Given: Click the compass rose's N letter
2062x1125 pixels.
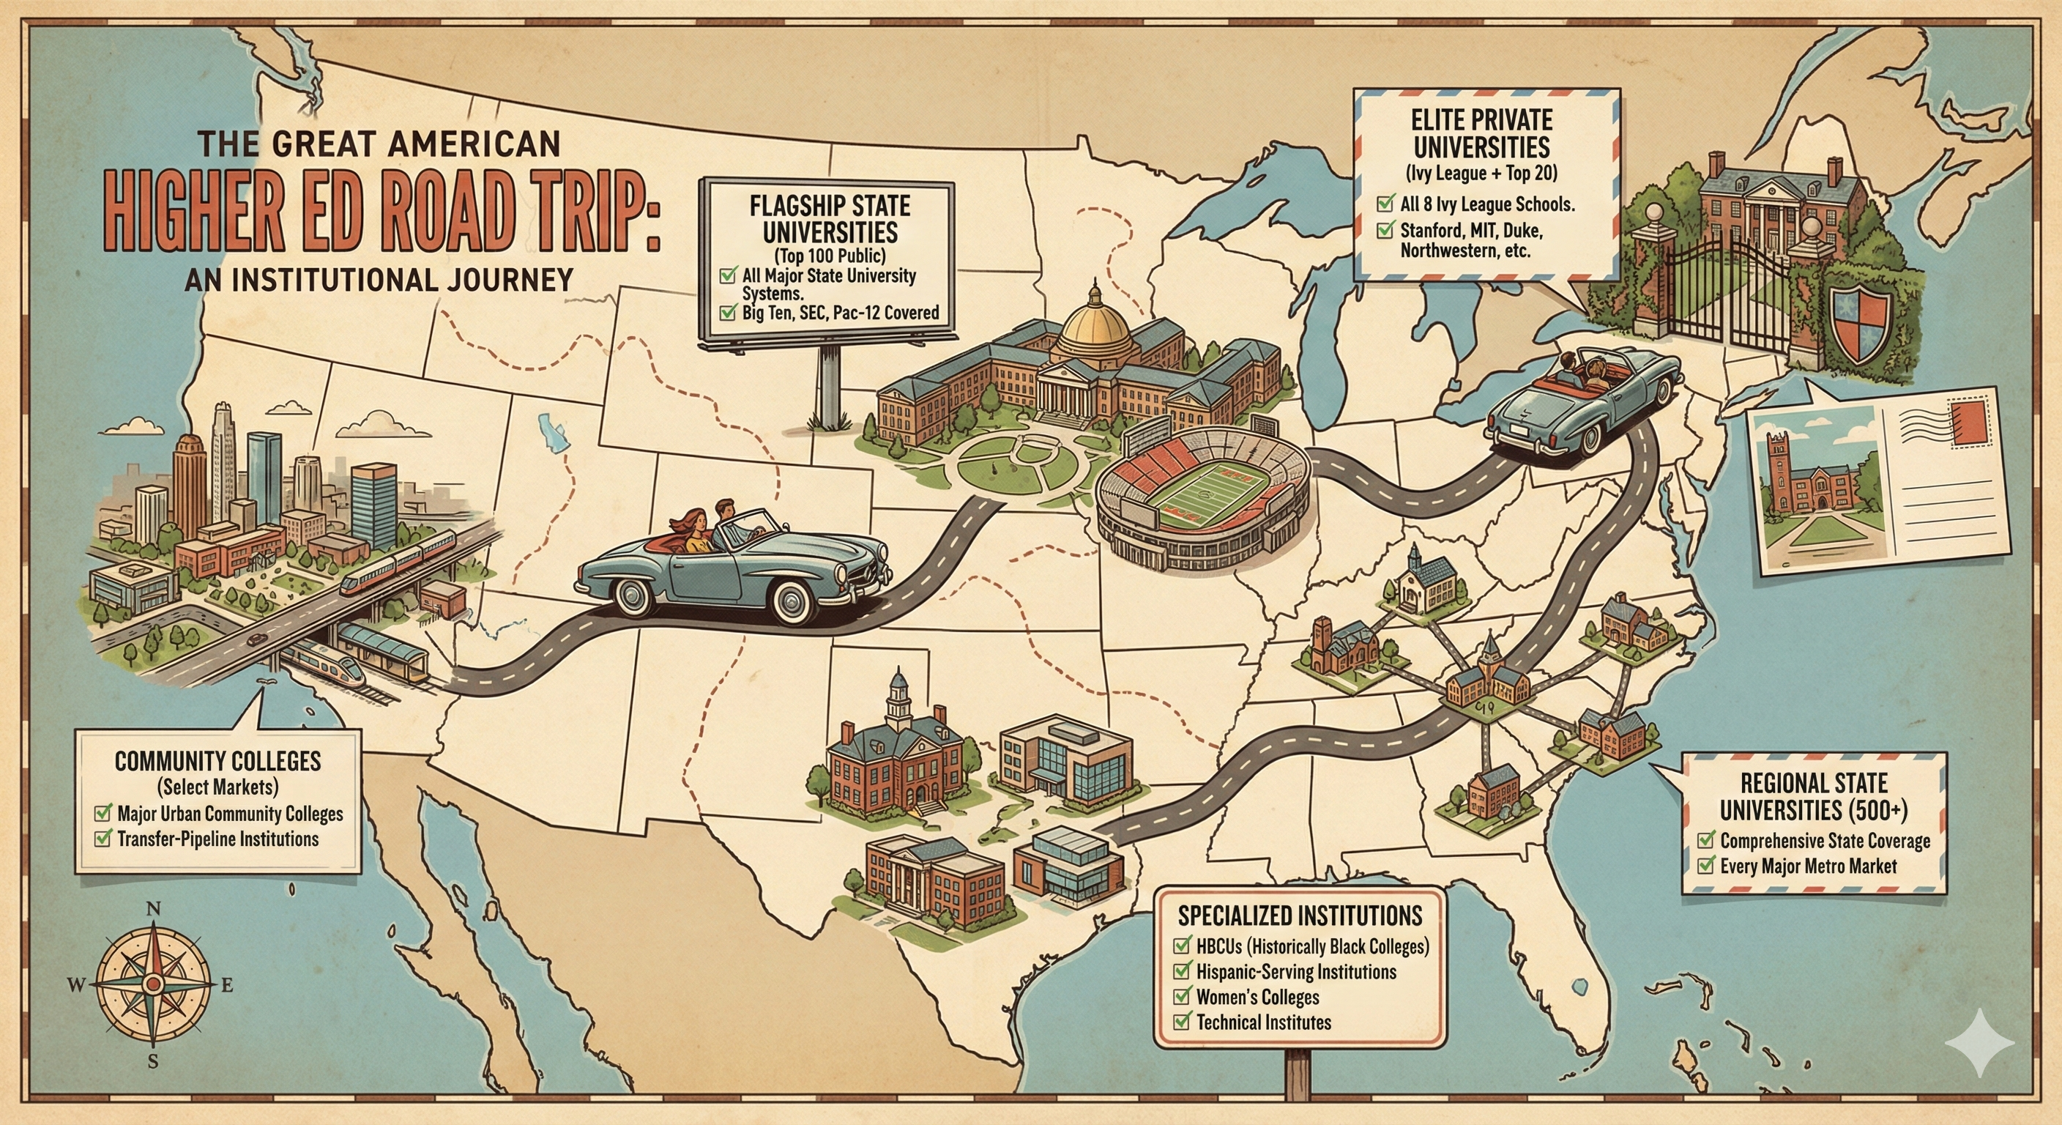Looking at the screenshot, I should (x=155, y=908).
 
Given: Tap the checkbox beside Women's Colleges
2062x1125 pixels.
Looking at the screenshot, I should (x=1182, y=997).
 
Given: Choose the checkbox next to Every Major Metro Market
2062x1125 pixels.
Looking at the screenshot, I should (x=1707, y=866).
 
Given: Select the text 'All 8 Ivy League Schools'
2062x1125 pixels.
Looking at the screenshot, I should (x=1486, y=204).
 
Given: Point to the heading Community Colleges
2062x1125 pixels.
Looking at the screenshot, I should (x=217, y=761).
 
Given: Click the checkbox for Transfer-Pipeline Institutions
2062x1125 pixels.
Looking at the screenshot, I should (x=103, y=839).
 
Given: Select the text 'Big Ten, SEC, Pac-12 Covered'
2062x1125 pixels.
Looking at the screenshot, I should (x=840, y=312).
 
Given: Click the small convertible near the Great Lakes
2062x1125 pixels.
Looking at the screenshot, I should (x=1581, y=401).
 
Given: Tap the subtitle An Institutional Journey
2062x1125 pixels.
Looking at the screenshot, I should (x=378, y=280).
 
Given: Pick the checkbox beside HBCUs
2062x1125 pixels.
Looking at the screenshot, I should (x=1182, y=946).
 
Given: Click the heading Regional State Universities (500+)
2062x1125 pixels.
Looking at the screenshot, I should (x=1814, y=797).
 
